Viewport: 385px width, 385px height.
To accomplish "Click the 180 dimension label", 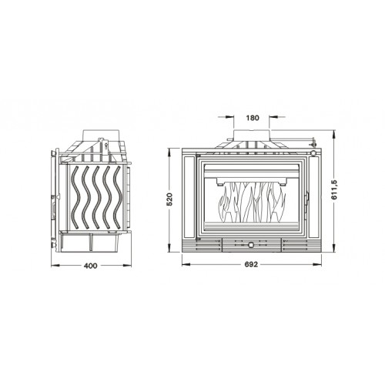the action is pyautogui.click(x=253, y=118).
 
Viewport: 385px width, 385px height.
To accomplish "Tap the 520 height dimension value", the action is pyautogui.click(x=169, y=199).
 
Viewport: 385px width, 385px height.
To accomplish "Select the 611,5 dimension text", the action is pyautogui.click(x=334, y=190).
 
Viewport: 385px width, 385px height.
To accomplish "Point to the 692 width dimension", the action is pyautogui.click(x=251, y=264).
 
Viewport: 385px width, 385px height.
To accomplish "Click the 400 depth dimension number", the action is pyautogui.click(x=91, y=266).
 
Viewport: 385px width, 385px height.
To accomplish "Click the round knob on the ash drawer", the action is pyautogui.click(x=250, y=245).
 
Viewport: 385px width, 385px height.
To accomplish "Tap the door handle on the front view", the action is pyautogui.click(x=306, y=203).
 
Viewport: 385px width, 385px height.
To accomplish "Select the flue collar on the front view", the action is pyautogui.click(x=252, y=135).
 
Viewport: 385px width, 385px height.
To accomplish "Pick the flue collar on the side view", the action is pyautogui.click(x=101, y=135).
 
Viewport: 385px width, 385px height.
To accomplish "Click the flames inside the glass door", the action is pyautogui.click(x=251, y=203).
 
